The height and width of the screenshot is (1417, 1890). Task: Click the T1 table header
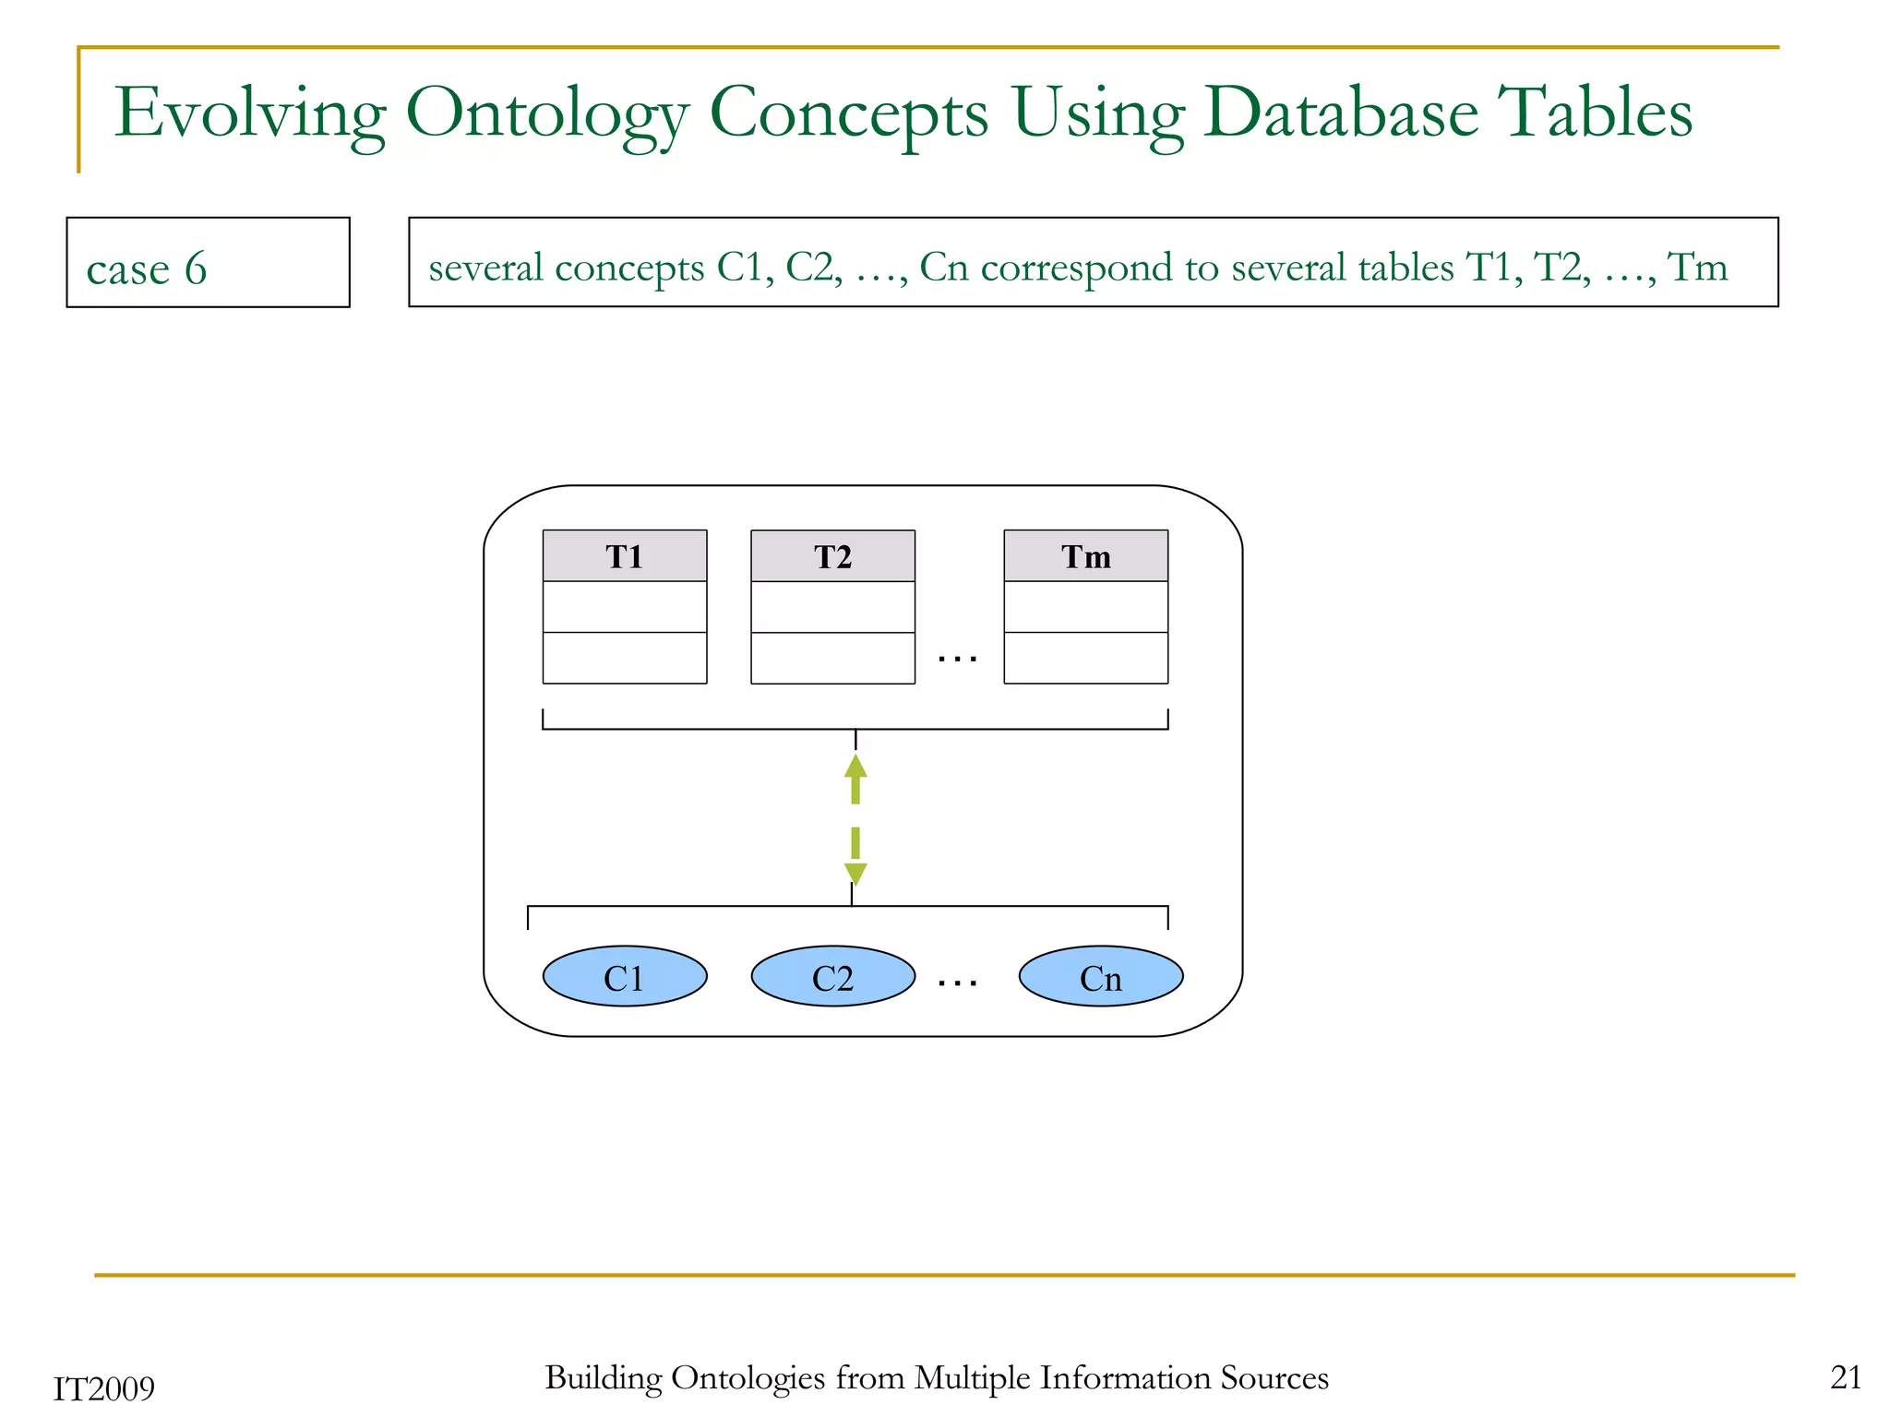(624, 556)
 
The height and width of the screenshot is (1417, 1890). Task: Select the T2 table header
(832, 556)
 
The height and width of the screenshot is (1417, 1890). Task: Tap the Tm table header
(1085, 556)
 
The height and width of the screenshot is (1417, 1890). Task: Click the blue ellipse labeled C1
(624, 976)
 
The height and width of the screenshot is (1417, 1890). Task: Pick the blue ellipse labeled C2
(832, 976)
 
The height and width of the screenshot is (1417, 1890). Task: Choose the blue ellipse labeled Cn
(1100, 976)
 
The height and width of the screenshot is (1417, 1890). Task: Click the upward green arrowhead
(855, 768)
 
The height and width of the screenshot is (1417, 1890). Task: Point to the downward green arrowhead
(855, 873)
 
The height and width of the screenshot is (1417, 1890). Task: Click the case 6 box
(208, 263)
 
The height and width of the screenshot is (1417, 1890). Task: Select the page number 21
(1845, 1376)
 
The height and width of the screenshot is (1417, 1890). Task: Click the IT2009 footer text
(103, 1388)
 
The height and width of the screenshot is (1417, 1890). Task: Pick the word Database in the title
(1340, 113)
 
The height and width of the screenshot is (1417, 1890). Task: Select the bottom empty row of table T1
(624, 658)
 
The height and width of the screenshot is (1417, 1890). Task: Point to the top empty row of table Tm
(1085, 606)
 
